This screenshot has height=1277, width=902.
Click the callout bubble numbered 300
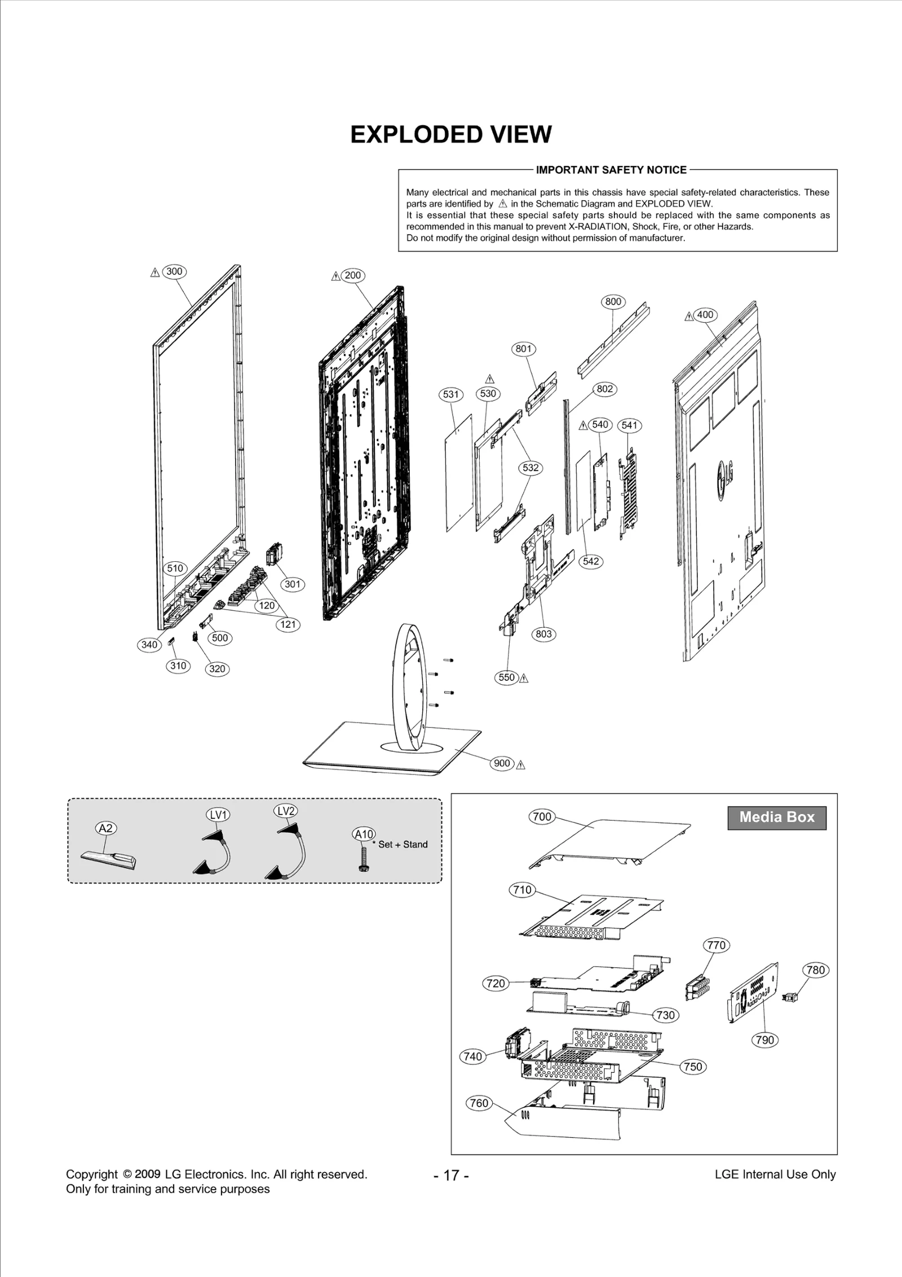pos(174,271)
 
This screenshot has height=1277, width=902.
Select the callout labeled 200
pos(353,275)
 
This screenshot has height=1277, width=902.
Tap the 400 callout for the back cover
pos(705,315)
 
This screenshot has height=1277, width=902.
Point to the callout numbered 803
pos(543,634)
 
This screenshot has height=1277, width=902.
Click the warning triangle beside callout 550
pos(524,678)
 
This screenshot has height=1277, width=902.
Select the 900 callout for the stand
pos(502,763)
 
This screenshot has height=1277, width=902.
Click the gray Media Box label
pos(776,817)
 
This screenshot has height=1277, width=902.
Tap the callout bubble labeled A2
pos(105,828)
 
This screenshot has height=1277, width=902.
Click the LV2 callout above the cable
pos(286,811)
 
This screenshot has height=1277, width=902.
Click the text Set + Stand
pos(403,844)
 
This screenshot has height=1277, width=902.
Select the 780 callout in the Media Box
pos(815,970)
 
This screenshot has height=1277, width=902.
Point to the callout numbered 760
pos(479,1103)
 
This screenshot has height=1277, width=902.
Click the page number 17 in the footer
pos(451,1175)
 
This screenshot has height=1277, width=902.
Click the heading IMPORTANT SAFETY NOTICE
pos(611,170)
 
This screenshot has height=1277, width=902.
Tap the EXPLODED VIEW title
pos(451,134)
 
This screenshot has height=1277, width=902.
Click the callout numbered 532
pos(530,468)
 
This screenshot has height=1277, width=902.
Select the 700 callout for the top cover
pos(542,816)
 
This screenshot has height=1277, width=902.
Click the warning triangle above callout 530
pos(489,378)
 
